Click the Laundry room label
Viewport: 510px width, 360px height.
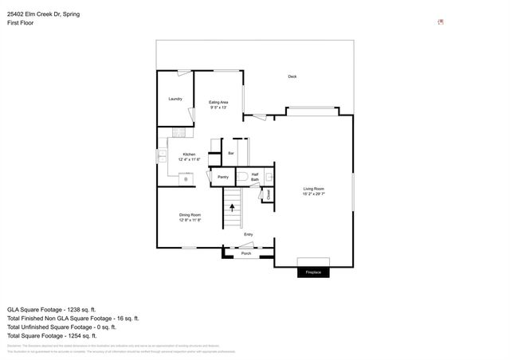tap(175, 99)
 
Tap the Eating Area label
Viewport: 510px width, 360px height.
tap(218, 104)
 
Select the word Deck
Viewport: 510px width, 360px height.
tap(292, 76)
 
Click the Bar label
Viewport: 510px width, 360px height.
tap(231, 152)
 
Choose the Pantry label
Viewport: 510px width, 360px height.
tap(223, 177)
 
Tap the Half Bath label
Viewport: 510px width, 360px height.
tap(255, 177)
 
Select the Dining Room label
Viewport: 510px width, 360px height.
tap(190, 217)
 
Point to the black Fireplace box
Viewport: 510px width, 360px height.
tap(313, 272)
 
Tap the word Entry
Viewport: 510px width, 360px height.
tap(249, 234)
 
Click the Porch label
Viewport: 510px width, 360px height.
tap(246, 253)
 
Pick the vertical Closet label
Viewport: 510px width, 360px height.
tap(269, 194)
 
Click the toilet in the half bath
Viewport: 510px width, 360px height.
tap(241, 177)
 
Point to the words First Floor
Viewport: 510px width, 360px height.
tap(22, 24)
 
